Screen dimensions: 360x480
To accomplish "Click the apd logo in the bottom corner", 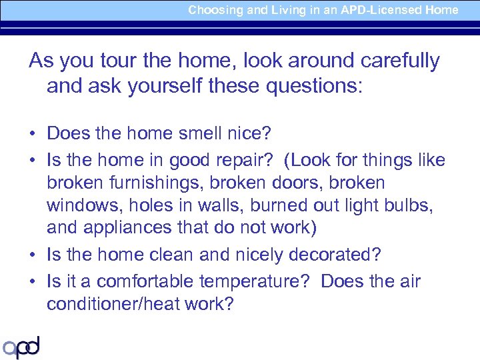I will tap(21, 347).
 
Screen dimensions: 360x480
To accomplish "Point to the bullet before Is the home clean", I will tap(32, 255).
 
